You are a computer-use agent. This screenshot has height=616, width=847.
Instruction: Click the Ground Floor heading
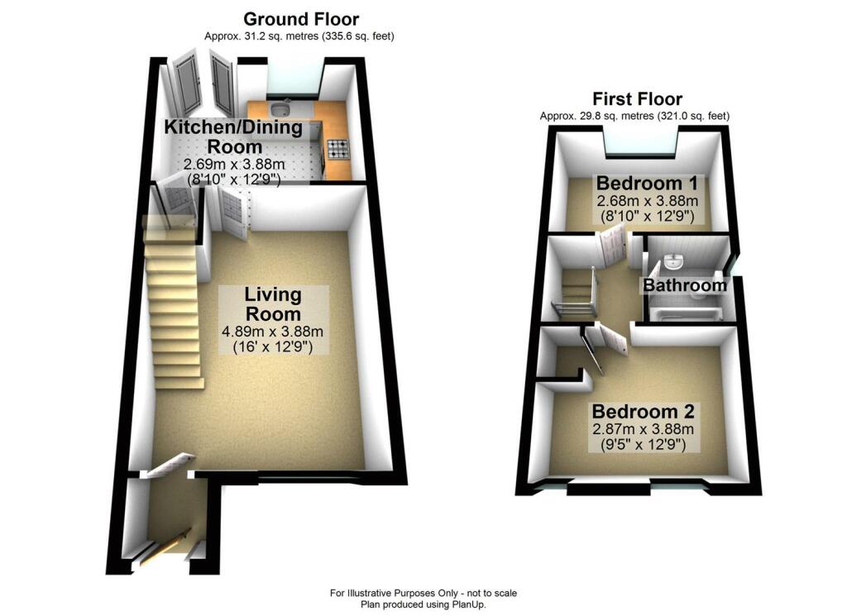[x=301, y=20]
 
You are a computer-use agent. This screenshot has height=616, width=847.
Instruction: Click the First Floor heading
[x=638, y=98]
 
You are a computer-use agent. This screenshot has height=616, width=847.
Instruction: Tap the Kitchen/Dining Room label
[x=234, y=136]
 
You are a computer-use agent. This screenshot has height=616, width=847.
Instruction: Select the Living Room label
[x=273, y=304]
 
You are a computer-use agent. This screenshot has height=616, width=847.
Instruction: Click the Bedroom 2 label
[x=643, y=412]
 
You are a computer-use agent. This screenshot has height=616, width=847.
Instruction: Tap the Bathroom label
[x=684, y=285]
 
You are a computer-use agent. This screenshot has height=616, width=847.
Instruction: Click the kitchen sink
[x=281, y=108]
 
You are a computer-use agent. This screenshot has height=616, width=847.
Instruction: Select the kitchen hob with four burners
[x=337, y=149]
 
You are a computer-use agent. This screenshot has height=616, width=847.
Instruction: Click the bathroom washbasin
[x=673, y=261]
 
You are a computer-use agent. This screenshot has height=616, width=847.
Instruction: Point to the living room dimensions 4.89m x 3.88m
[x=273, y=332]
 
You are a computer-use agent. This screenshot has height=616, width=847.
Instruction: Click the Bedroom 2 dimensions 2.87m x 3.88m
[x=643, y=430]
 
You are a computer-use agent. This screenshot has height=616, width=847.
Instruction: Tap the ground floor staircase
[x=172, y=303]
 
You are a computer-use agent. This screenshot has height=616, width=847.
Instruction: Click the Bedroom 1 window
[x=640, y=141]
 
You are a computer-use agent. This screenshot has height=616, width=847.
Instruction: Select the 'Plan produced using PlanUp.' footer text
[x=423, y=604]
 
